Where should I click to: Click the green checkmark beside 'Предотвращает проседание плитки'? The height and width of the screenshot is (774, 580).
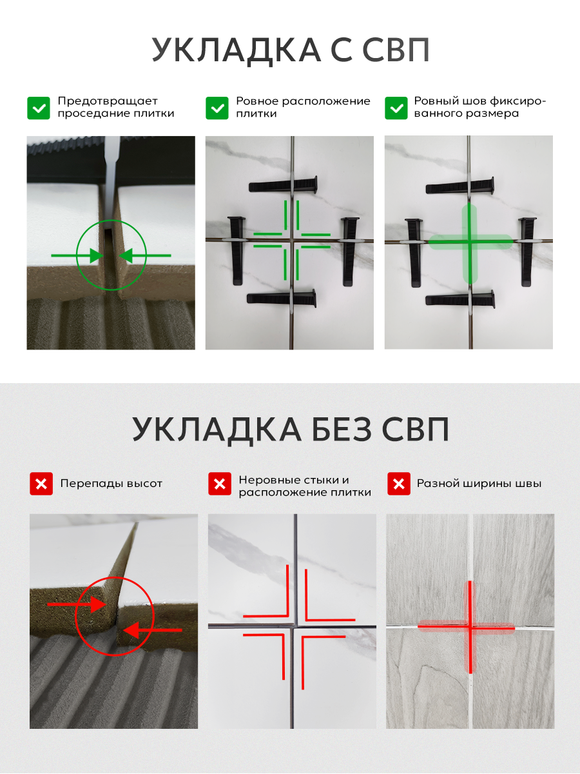click(39, 108)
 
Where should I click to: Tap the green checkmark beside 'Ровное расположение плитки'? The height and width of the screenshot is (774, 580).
click(217, 108)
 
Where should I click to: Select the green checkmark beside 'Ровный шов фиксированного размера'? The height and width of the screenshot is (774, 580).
click(396, 108)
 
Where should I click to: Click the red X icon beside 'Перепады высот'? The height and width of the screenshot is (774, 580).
click(41, 484)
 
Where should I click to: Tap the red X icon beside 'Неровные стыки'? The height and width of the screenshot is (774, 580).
click(220, 484)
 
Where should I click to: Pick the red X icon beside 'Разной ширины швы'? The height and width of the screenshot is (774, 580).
click(399, 484)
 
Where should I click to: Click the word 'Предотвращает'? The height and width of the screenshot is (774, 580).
click(108, 101)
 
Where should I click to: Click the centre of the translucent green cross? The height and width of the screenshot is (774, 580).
click(470, 243)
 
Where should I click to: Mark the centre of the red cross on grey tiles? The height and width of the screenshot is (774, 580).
click(470, 626)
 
